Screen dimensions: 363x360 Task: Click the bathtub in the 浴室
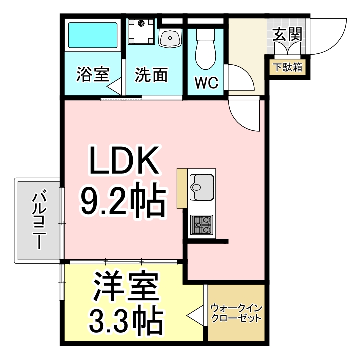(92, 35)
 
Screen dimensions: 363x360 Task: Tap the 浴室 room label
(93, 74)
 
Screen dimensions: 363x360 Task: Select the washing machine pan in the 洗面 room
(141, 32)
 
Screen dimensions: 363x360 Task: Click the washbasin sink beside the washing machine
(170, 38)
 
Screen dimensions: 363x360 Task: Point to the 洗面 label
(151, 74)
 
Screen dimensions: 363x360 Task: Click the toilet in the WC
(206, 49)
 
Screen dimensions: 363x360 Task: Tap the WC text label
(207, 83)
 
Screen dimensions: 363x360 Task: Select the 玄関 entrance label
(287, 35)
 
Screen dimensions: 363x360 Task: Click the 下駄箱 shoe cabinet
(287, 67)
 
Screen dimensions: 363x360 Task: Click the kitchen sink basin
(202, 187)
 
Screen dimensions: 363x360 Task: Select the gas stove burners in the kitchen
(202, 225)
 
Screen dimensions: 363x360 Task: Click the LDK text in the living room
(124, 160)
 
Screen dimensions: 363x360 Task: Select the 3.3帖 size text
(126, 321)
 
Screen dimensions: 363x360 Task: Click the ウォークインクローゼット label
(236, 313)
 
